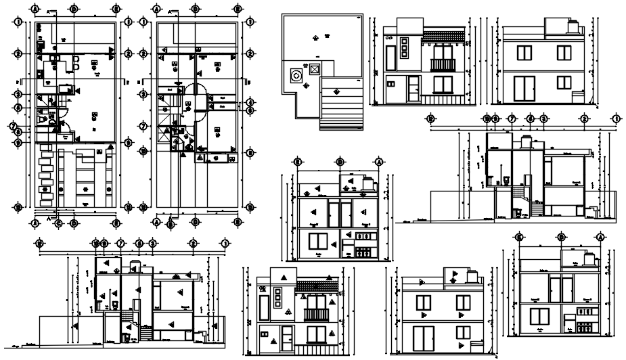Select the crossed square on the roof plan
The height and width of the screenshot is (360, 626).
(314, 69)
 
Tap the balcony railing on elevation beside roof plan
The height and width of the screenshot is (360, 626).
(443, 65)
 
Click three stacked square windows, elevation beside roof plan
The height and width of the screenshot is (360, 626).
(404, 49)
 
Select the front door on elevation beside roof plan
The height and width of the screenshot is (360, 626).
(413, 89)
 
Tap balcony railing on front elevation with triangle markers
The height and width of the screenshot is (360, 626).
(315, 315)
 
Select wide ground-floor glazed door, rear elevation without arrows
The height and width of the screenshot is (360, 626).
(523, 89)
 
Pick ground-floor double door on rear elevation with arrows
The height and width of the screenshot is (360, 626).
(424, 338)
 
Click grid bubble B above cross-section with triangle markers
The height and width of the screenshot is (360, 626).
(338, 162)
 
